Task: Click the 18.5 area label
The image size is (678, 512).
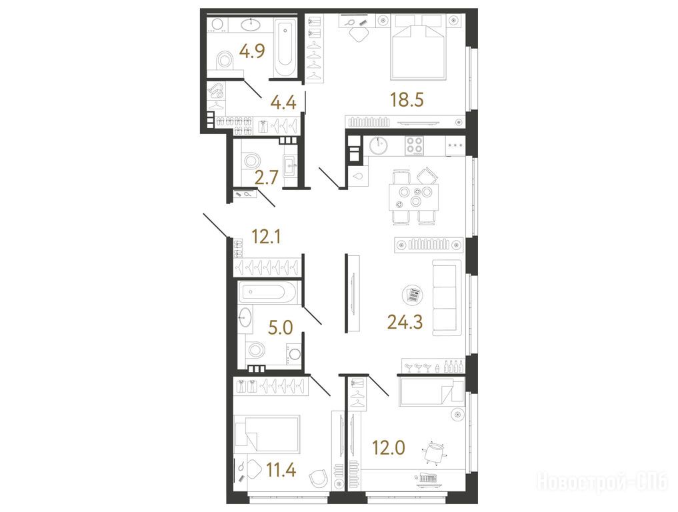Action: (407, 100)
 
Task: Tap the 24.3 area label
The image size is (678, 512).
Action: (405, 322)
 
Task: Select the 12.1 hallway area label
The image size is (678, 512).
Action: (267, 237)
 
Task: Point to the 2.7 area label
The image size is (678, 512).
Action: (267, 178)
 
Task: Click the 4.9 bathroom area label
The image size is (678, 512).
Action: (252, 51)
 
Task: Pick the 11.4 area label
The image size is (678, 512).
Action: (281, 469)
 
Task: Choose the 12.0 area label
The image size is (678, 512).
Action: (389, 448)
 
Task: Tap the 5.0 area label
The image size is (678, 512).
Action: (281, 328)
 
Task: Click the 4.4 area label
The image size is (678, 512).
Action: (283, 103)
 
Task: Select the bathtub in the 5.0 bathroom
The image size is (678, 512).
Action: (267, 292)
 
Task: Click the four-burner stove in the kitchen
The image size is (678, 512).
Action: (414, 146)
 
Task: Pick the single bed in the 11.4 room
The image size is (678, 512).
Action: (267, 435)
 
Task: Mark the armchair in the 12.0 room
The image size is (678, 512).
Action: (433, 453)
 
